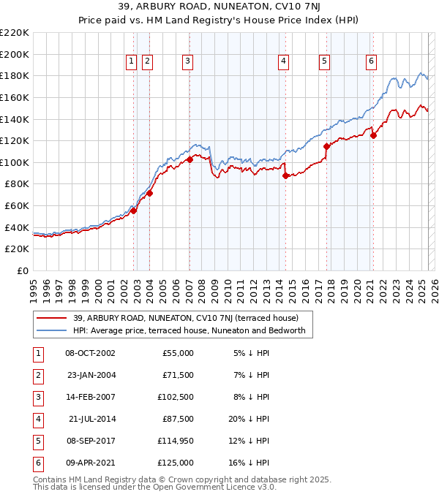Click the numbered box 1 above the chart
tap(131, 62)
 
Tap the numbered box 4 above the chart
tap(282, 62)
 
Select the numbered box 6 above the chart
tap(372, 62)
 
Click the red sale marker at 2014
tap(285, 175)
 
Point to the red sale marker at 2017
tap(326, 146)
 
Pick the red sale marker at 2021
tap(373, 134)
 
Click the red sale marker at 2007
tap(190, 159)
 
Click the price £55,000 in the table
tap(176, 353)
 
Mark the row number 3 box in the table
tap(37, 397)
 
